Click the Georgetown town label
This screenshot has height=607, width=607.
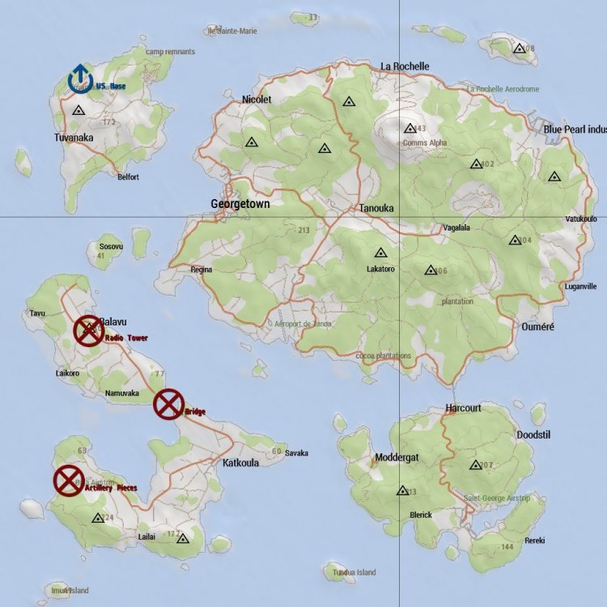(x=240, y=204)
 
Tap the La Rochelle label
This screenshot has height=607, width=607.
(x=405, y=66)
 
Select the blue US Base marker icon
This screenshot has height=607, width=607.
(x=79, y=77)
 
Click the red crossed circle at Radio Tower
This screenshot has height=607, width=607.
(x=88, y=331)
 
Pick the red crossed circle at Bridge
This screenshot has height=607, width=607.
(x=168, y=404)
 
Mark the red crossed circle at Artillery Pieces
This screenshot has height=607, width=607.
(x=69, y=480)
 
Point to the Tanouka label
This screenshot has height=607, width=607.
(x=376, y=208)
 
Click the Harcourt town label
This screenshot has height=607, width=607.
(x=463, y=408)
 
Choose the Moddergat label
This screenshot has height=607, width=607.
(x=397, y=458)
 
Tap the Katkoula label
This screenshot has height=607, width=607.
(x=240, y=464)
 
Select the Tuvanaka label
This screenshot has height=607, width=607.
(x=74, y=138)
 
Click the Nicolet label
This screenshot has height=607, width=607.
(x=257, y=100)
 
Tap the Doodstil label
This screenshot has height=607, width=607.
(x=533, y=435)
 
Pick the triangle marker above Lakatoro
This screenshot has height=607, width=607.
(x=380, y=253)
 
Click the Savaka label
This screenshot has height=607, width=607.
(x=296, y=453)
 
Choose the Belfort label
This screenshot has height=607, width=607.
(x=128, y=177)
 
